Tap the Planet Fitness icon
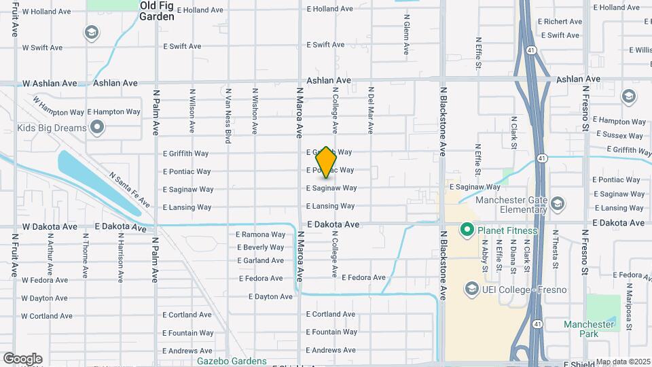[467, 230]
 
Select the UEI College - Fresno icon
[471, 290]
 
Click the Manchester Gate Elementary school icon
[558, 204]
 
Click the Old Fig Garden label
[157, 11]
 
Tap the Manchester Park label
[588, 329]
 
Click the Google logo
[22, 359]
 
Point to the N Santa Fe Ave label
[129, 189]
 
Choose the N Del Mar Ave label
[371, 109]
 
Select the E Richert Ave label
[558, 22]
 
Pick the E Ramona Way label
[261, 234]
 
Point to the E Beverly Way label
[261, 247]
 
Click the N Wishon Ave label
[255, 110]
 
